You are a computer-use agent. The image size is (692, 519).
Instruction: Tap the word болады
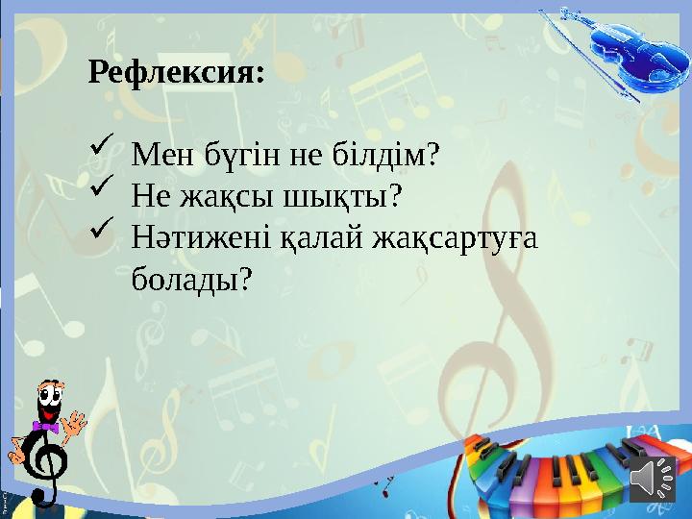pos(190,280)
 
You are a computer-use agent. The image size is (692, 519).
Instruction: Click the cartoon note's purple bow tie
pos(45,425)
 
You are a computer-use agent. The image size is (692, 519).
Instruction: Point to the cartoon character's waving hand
pos(74,423)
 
